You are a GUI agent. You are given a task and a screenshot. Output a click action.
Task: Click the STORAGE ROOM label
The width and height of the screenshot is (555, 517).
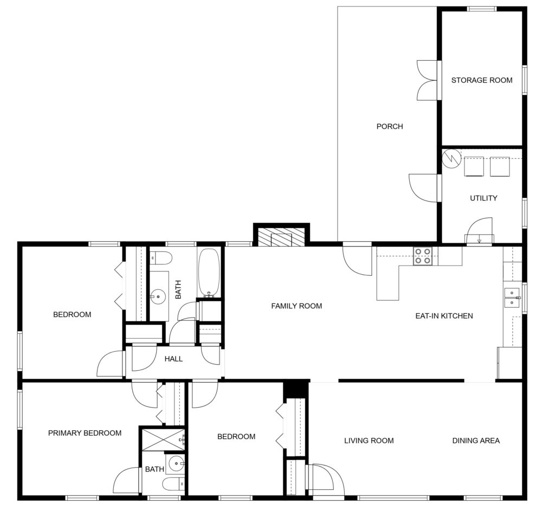481,80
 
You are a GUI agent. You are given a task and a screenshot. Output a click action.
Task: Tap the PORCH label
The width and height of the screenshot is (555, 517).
389,127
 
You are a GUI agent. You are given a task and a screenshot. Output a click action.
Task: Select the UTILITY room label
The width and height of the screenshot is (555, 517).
483,198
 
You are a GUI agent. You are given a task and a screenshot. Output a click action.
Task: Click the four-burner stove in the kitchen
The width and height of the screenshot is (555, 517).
422,256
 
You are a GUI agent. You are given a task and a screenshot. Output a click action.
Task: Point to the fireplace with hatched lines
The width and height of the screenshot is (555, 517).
281,237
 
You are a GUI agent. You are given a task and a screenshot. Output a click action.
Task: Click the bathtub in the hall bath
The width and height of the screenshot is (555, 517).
209,273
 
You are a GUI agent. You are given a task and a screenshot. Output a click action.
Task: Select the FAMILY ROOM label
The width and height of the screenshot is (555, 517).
296,306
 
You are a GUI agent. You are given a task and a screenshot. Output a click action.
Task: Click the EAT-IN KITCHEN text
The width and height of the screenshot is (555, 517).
444,316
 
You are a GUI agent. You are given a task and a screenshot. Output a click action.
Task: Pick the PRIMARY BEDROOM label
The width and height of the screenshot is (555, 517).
85,433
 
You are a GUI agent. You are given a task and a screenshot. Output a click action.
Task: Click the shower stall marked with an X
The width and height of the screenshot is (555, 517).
163,439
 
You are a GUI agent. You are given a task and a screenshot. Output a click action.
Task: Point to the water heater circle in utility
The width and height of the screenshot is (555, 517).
451,159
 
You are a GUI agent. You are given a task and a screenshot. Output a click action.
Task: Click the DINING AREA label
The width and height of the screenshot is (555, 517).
476,441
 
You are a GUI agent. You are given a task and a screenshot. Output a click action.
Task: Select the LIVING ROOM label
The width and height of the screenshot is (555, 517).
369,441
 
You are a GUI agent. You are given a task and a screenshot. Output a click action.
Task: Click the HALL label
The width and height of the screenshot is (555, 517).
173,359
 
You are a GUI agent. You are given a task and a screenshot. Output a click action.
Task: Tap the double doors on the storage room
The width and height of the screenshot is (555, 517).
427,80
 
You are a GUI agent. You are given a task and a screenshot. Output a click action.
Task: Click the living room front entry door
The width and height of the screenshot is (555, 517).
325,479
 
